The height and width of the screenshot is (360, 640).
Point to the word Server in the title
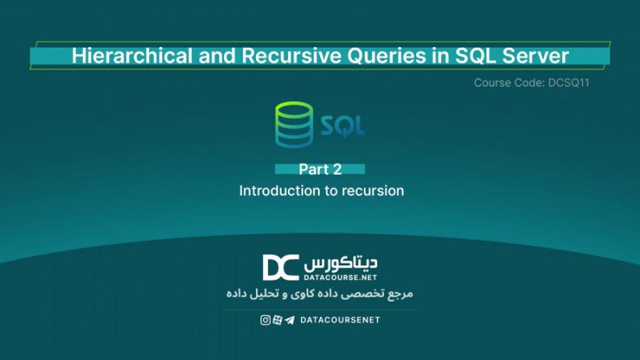(536, 56)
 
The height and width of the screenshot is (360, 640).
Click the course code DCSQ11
(568, 83)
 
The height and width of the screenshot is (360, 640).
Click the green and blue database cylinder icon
(293, 125)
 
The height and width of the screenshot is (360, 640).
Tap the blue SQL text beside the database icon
(342, 126)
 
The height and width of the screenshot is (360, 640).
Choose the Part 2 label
(320, 169)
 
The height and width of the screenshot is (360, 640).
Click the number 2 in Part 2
(337, 169)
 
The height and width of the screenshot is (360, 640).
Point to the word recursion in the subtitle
(373, 191)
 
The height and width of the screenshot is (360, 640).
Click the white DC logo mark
(281, 268)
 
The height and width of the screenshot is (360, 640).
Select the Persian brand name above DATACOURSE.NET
(341, 261)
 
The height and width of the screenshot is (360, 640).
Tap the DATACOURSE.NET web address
(341, 276)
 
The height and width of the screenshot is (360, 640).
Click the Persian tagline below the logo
(320, 294)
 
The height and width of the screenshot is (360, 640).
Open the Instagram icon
(265, 320)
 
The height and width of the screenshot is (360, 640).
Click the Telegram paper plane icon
(289, 320)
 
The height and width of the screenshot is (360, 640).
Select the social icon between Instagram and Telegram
(277, 320)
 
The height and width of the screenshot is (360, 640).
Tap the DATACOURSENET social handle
(340, 320)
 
